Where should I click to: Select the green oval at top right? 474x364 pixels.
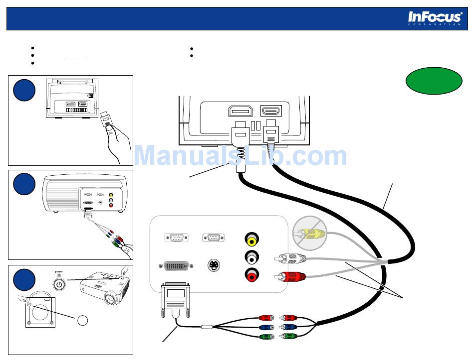click(x=434, y=80)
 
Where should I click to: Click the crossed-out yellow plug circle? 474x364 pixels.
click(x=310, y=232)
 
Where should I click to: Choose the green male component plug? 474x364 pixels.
click(x=290, y=336)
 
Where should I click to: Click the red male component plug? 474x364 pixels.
click(x=289, y=317)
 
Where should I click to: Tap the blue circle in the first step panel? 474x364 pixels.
click(x=24, y=90)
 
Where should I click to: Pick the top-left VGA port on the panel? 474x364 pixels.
click(x=176, y=237)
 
